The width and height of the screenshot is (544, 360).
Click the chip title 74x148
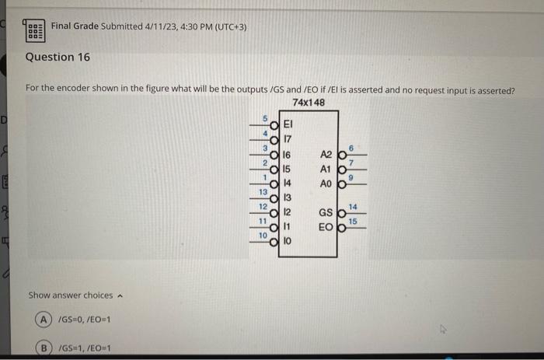click(x=309, y=103)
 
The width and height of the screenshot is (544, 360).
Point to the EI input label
click(x=288, y=123)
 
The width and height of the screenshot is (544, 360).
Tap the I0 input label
click(x=288, y=243)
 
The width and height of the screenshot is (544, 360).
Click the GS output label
click(x=326, y=213)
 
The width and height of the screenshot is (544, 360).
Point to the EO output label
click(x=326, y=228)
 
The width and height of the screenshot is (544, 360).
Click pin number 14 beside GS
click(x=353, y=206)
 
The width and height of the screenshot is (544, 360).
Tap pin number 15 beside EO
click(x=353, y=222)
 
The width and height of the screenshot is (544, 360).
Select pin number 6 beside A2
click(x=352, y=147)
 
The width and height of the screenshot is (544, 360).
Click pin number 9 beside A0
click(x=352, y=177)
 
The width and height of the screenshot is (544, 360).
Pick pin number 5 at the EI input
click(x=263, y=117)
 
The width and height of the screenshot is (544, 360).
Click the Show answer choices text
click(x=71, y=295)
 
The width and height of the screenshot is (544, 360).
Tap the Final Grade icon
click(x=35, y=30)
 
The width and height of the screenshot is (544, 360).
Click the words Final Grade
click(x=75, y=26)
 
